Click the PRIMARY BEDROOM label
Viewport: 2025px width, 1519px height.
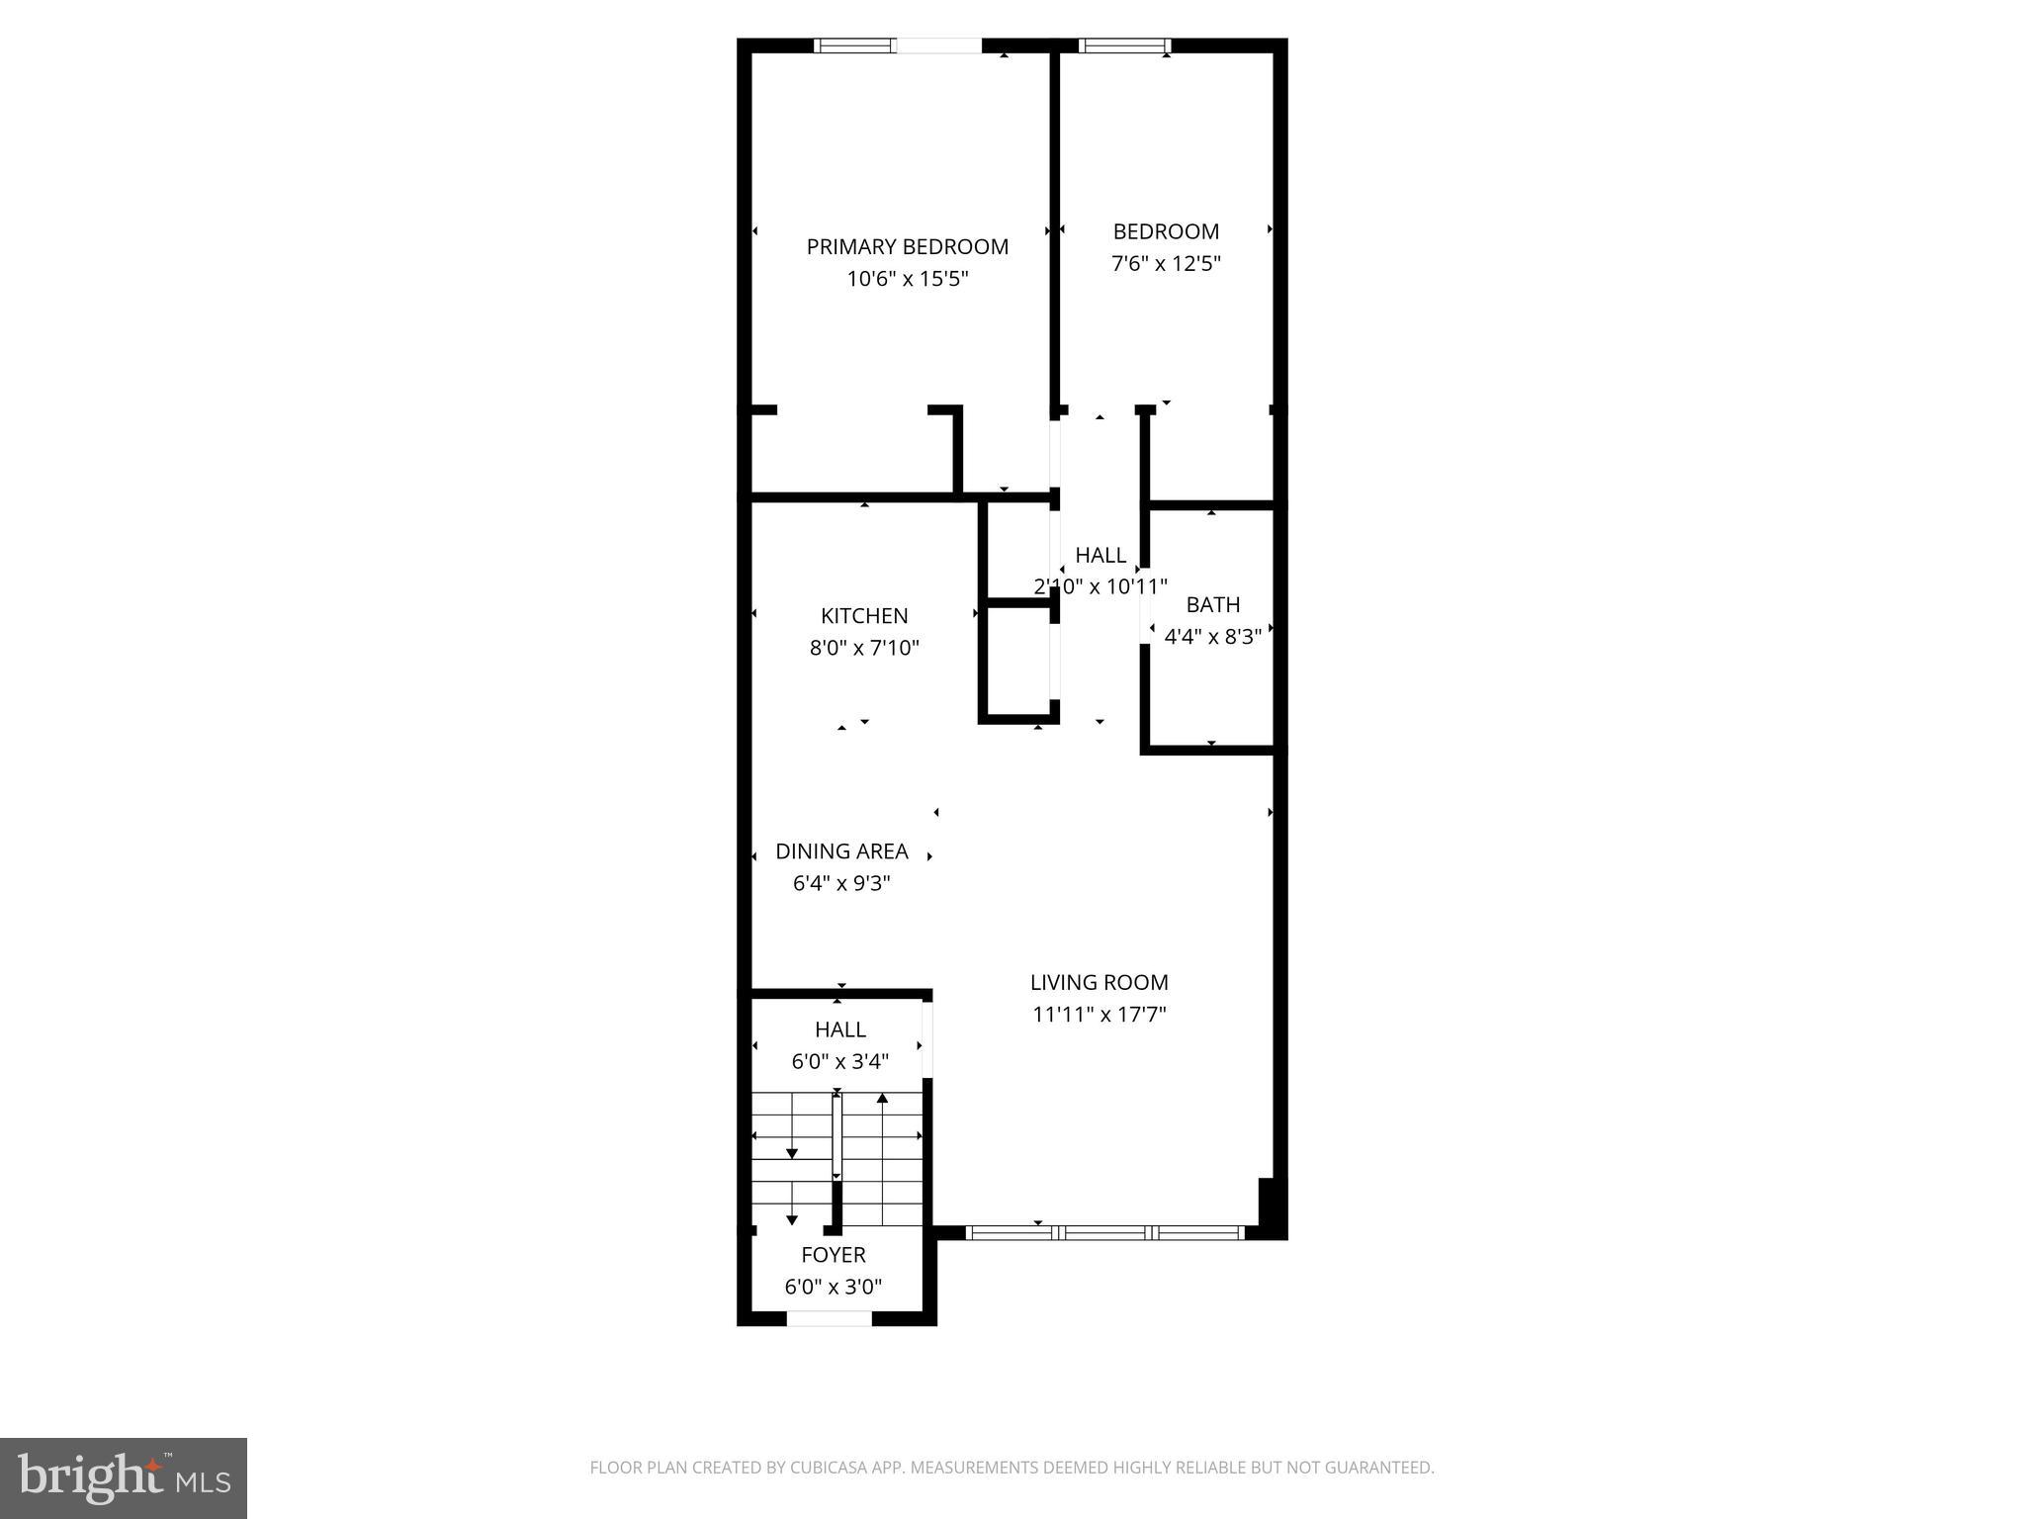click(907, 247)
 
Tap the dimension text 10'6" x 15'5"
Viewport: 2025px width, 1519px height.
click(907, 280)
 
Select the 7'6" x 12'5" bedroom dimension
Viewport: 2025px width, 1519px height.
click(1166, 264)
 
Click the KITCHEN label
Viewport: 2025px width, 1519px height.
click(864, 616)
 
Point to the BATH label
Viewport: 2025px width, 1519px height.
click(1212, 604)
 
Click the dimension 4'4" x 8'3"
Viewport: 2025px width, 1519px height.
click(1212, 637)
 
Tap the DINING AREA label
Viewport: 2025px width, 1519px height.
click(841, 851)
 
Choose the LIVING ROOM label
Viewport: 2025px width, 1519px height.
click(1099, 982)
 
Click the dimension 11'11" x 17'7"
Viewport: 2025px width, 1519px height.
click(1099, 1015)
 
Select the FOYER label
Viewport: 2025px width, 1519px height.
click(833, 1255)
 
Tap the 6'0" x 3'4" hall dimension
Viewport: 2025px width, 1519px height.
click(839, 1062)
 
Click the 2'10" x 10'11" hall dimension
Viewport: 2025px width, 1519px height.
click(1100, 587)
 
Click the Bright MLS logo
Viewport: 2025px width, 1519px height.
click(124, 1478)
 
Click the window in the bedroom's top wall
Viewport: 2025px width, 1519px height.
click(1124, 45)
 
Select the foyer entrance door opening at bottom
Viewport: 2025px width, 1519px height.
click(829, 1318)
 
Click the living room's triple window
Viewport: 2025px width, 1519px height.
click(1103, 1232)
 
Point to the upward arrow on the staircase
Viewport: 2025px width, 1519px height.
click(882, 1099)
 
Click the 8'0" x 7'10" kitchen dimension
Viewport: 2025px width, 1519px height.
click(864, 649)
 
